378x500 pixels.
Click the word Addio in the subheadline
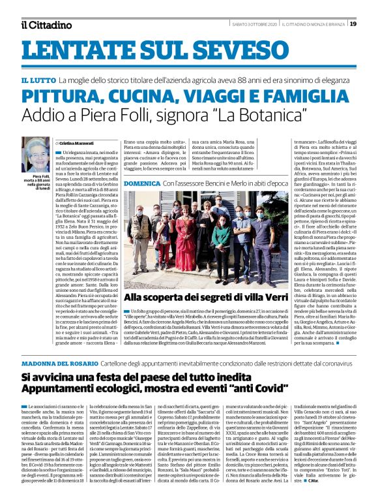tap(42, 117)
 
